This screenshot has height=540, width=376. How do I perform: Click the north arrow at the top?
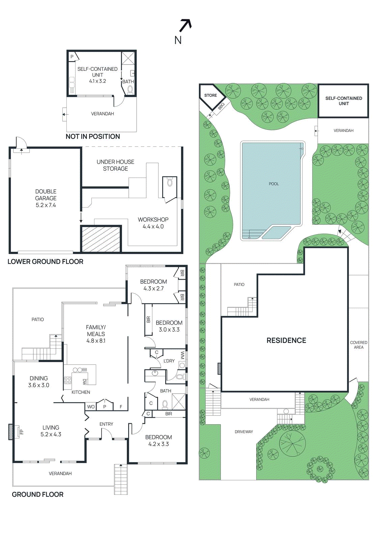(185, 26)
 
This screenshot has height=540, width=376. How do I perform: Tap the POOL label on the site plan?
(273, 184)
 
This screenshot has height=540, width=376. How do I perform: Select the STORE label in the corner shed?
(210, 95)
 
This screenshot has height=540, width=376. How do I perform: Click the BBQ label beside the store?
(221, 106)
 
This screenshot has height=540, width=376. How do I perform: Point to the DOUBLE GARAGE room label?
(46, 198)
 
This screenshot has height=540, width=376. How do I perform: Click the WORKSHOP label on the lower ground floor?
(153, 220)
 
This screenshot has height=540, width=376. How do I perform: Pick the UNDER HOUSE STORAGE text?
(115, 165)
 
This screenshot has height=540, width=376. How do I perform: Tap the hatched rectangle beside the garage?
(101, 239)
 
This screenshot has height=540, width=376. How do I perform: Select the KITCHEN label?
(81, 392)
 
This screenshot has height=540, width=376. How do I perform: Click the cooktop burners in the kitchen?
(68, 380)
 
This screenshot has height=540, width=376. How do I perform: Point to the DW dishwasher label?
(84, 381)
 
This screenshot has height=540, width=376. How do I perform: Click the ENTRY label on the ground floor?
(106, 424)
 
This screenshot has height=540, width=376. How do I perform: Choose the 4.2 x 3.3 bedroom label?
(158, 441)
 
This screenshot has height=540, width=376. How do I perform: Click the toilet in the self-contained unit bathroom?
(129, 90)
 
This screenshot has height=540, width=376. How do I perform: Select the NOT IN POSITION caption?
(93, 137)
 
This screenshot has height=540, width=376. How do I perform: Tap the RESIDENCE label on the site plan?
(286, 341)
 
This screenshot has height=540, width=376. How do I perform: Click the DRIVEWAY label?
(244, 432)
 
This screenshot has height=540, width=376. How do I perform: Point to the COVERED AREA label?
(358, 345)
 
